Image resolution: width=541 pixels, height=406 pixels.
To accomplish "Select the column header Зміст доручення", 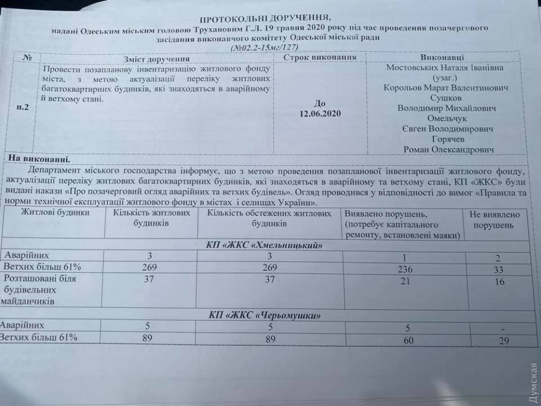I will click(156, 58).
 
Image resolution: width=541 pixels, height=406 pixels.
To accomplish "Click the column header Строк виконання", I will click(320, 57).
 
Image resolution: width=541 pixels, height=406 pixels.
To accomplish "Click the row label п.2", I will click(23, 107).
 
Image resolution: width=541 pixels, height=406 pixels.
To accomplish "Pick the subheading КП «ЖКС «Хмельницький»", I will click(265, 245).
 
